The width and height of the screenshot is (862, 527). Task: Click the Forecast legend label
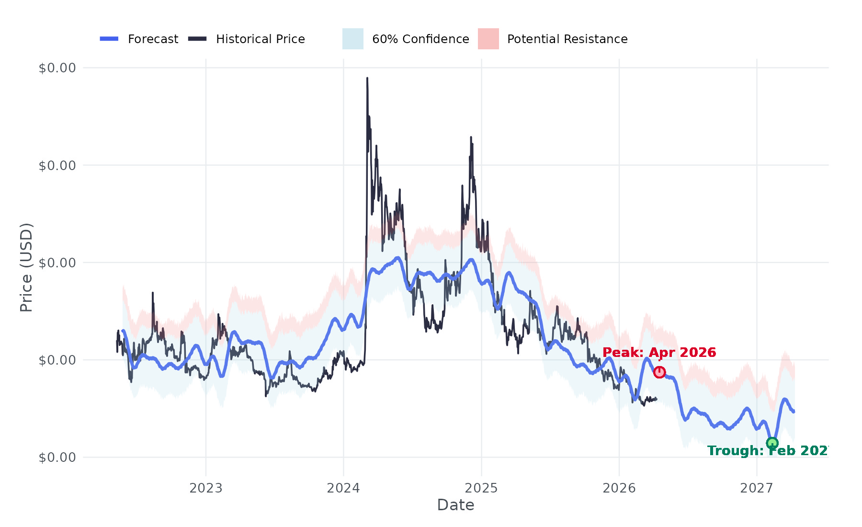click(x=153, y=39)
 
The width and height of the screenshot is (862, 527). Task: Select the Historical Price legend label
click(x=260, y=39)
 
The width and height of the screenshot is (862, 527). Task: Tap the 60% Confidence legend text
click(x=420, y=39)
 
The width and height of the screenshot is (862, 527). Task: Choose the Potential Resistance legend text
click(x=567, y=39)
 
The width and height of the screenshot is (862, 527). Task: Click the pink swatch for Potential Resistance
click(x=488, y=39)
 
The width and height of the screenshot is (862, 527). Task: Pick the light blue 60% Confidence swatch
click(x=352, y=39)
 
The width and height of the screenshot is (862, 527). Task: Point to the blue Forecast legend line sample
click(x=109, y=39)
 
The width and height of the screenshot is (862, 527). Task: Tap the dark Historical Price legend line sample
click(x=197, y=39)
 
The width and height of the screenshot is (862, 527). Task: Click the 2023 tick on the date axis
click(x=206, y=488)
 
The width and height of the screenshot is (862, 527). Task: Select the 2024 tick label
click(x=343, y=488)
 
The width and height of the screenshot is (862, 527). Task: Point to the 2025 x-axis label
click(x=481, y=488)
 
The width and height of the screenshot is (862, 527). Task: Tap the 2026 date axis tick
click(x=619, y=488)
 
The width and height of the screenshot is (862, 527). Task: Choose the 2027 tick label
click(x=757, y=488)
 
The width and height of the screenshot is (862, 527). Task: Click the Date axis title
click(x=455, y=505)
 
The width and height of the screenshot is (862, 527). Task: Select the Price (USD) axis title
click(x=26, y=267)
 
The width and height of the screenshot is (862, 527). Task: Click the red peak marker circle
click(x=659, y=372)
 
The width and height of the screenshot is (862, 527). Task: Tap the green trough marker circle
click(x=772, y=443)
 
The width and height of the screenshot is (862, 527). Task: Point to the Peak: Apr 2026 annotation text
click(x=659, y=353)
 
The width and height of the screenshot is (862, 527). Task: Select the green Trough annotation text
click(x=768, y=451)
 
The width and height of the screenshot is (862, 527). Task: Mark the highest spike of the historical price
click(x=367, y=79)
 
